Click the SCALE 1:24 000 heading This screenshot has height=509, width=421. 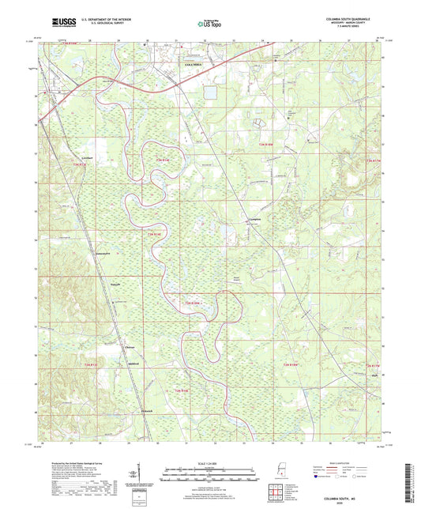click(209, 462)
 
